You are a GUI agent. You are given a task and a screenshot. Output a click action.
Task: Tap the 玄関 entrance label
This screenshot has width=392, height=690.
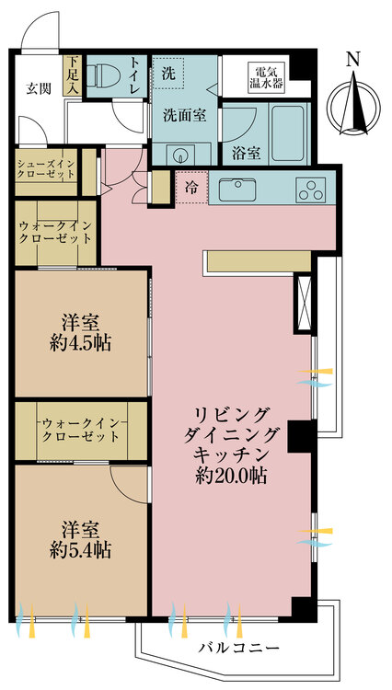(x=38, y=88)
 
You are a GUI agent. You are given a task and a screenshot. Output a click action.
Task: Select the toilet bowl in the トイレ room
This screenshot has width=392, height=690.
(x=107, y=74)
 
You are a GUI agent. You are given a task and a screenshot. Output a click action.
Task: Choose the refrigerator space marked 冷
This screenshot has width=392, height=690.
(x=190, y=187)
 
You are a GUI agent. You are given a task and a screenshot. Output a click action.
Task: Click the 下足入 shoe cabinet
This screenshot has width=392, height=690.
(x=72, y=75)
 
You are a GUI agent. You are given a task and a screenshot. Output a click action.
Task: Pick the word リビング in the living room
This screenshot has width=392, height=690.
(x=231, y=413)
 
